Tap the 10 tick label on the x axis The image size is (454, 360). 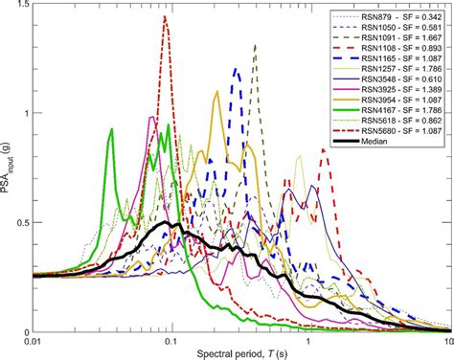tap(444, 342)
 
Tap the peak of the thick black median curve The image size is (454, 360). tap(168, 223)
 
